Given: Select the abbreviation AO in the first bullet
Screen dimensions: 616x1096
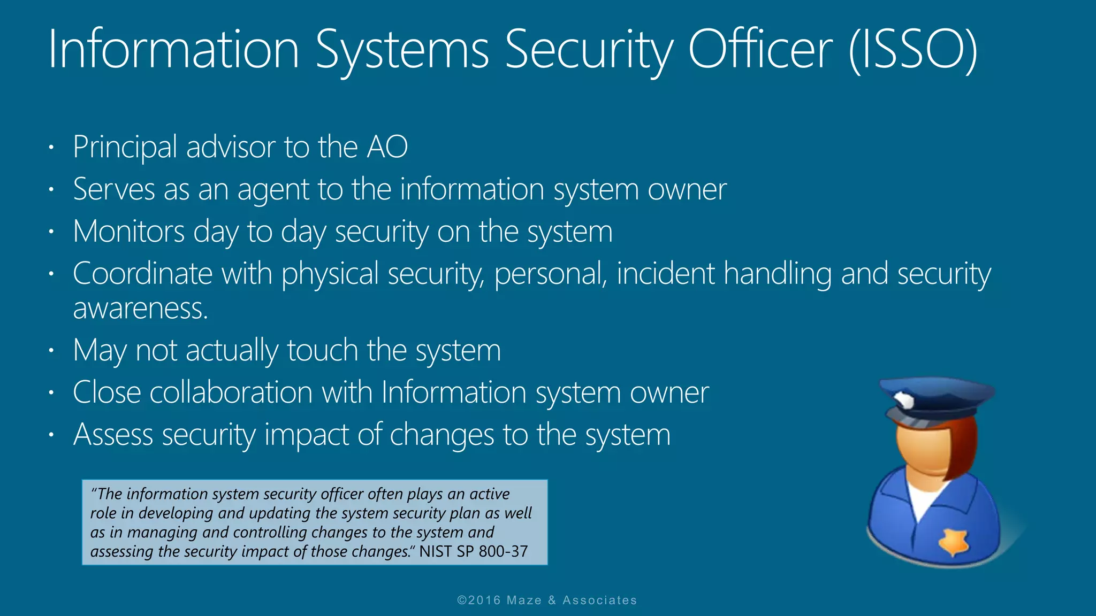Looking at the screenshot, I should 387,147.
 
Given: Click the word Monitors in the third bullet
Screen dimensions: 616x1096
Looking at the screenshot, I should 129,232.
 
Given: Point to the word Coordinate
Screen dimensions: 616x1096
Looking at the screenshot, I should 142,274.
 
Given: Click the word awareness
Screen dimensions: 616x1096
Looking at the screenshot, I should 140,309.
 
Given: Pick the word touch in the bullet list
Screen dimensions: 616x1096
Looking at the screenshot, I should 322,350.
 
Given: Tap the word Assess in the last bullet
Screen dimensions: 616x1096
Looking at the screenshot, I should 113,434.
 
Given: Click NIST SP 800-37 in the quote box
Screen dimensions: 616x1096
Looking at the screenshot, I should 474,551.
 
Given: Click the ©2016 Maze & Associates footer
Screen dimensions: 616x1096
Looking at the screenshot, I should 547,600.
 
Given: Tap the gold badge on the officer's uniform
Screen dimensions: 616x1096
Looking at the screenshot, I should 954,542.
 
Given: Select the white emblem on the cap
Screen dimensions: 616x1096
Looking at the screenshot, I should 904,399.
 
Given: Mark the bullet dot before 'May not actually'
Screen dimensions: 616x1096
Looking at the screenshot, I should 51,351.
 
